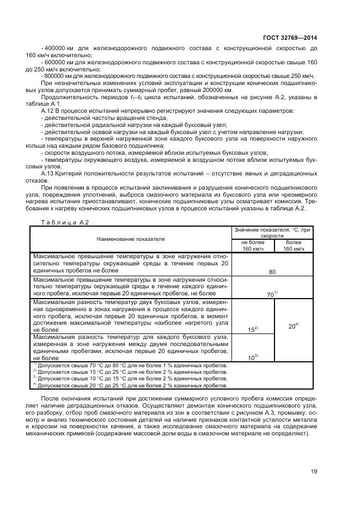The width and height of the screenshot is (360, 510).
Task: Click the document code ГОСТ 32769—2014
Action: pyautogui.click(x=293, y=38)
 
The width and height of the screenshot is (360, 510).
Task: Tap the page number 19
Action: pyautogui.click(x=313, y=472)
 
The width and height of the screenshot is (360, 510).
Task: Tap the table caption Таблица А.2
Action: pyautogui.click(x=61, y=222)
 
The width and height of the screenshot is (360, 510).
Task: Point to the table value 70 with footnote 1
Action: pyautogui.click(x=272, y=294)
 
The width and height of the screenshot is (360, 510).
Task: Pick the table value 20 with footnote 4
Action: pyautogui.click(x=292, y=326)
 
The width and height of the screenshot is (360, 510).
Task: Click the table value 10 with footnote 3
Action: pyautogui.click(x=252, y=357)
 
